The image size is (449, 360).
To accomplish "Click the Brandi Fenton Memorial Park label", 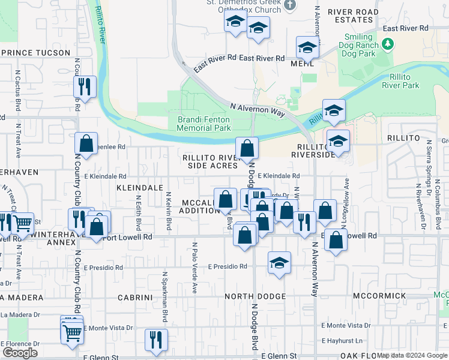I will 204,124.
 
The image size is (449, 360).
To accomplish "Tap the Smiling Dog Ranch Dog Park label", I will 358,44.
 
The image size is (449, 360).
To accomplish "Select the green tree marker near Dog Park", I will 388,44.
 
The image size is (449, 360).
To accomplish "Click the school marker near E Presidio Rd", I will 279,262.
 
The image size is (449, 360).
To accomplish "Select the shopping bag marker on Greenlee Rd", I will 86,143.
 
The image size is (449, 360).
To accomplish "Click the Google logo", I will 20,353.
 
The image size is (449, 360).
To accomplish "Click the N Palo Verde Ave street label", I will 194,268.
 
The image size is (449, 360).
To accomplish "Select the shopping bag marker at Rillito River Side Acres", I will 247,148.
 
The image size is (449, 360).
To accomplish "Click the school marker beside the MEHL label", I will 307,47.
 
